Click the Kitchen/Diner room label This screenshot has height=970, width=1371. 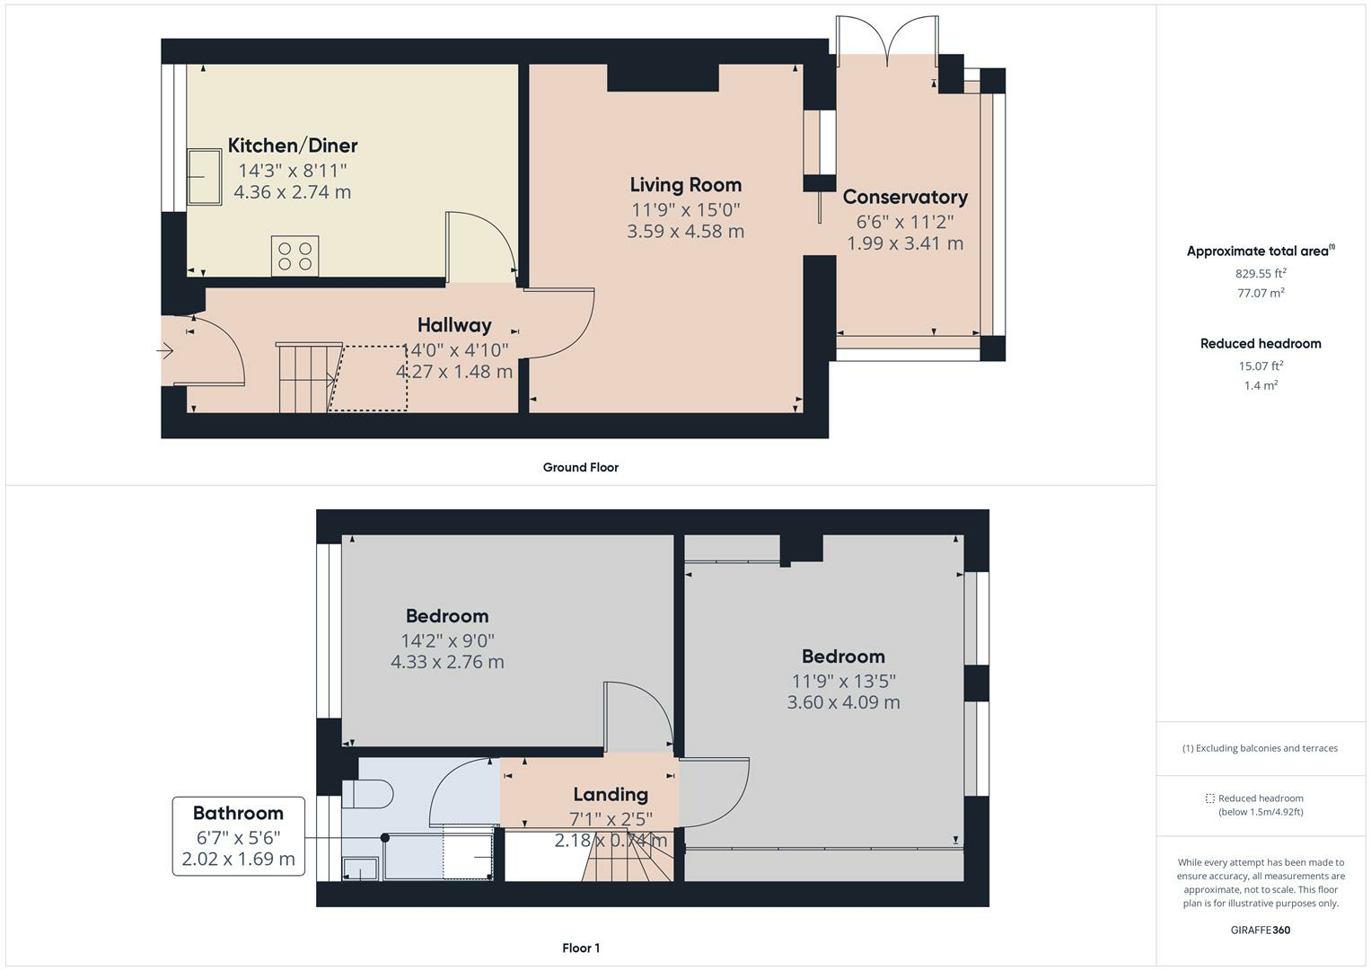click(x=292, y=145)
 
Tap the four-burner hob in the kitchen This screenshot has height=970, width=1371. click(x=295, y=255)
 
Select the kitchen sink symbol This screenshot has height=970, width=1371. click(x=204, y=177)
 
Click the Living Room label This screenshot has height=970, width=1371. click(x=685, y=185)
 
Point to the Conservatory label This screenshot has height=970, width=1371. click(x=904, y=198)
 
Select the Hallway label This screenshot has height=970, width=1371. click(x=454, y=325)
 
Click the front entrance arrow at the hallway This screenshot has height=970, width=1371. click(x=165, y=351)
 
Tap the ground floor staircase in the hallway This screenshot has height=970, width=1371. click(x=306, y=378)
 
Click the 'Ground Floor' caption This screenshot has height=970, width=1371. click(x=580, y=467)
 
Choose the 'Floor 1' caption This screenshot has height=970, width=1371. click(x=581, y=948)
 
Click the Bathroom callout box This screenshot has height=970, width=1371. click(x=238, y=836)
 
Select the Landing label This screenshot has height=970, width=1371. click(x=611, y=795)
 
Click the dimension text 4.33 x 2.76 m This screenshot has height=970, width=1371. click(x=447, y=663)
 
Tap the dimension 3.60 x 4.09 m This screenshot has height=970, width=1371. click(x=843, y=703)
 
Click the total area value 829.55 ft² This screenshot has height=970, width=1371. click(x=1260, y=274)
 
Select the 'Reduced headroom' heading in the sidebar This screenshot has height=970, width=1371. click(x=1260, y=343)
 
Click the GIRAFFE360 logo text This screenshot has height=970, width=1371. click(x=1260, y=930)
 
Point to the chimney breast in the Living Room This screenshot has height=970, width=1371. click(x=663, y=78)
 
